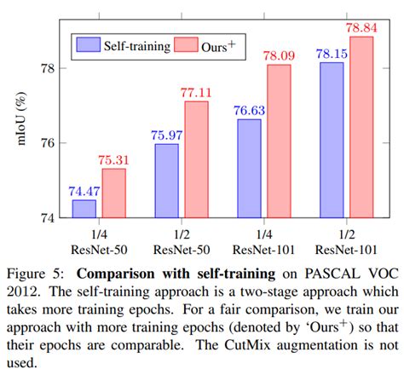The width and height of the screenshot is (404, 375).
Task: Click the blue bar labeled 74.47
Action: [x=84, y=209]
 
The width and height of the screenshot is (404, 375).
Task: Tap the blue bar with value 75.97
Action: [x=166, y=181]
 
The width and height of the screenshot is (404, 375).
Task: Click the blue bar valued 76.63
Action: [x=249, y=169]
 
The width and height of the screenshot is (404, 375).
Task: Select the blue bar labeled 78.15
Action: [x=332, y=140]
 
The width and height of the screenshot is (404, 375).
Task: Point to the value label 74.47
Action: [x=84, y=192]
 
